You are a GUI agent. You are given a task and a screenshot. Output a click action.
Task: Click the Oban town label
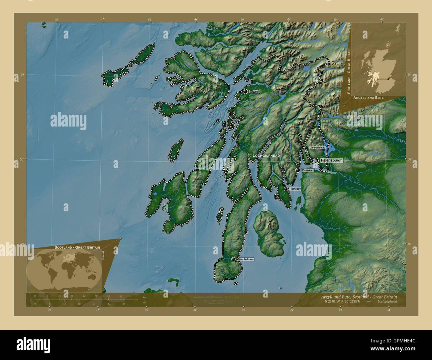254,91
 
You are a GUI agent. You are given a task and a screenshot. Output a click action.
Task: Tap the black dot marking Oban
245,91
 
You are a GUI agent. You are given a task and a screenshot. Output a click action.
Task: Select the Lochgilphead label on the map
266,155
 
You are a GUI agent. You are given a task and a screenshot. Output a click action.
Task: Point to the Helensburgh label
331,160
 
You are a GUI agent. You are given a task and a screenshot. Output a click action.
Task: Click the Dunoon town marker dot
298,170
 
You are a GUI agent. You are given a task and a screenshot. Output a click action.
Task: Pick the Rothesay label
295,189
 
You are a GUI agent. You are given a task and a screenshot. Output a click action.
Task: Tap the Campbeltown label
245,259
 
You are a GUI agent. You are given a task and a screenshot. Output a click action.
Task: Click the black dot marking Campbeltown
234,259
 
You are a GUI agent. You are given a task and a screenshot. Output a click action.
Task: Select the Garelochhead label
317,147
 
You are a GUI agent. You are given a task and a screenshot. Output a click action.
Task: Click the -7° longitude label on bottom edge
97,310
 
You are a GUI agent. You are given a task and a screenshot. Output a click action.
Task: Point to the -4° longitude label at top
381,19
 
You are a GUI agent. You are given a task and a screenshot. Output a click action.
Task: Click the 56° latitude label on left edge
22,159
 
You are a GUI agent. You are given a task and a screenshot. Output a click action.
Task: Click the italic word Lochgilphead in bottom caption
387,301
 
